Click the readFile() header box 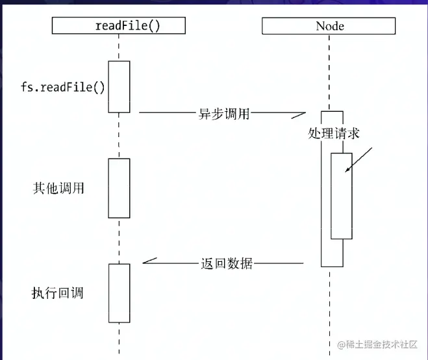(118, 25)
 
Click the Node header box (330, 25)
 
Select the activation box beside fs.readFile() (119, 86)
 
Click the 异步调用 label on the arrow (223, 112)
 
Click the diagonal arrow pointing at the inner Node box (359, 160)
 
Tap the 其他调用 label (58, 188)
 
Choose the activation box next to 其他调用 (119, 188)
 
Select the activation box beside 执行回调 (119, 292)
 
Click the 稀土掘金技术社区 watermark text (377, 344)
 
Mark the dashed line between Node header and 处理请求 (330, 71)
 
